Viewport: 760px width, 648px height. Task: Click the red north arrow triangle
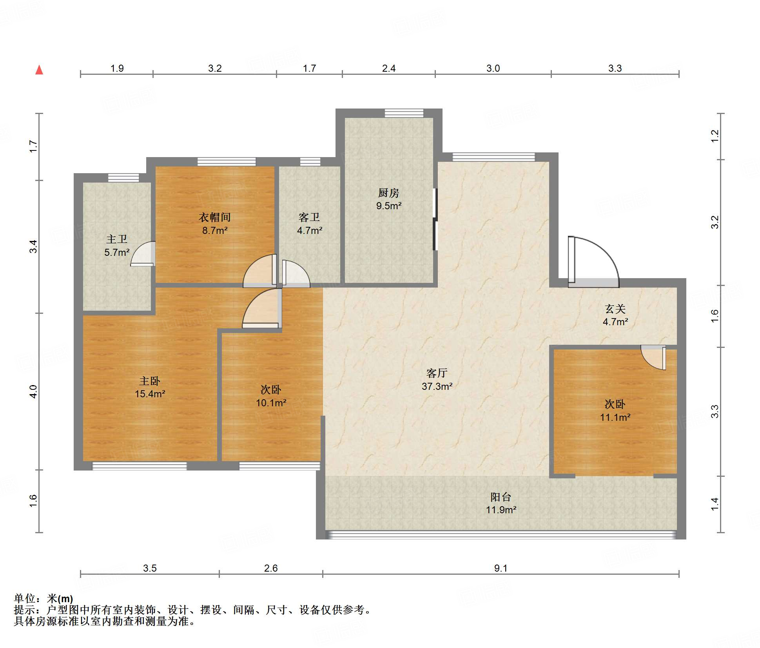point(39,70)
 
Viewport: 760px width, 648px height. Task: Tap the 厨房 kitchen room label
point(388,193)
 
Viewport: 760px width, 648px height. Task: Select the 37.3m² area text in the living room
point(437,386)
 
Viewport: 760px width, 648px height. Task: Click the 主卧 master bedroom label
point(150,381)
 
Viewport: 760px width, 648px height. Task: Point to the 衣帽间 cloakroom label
point(214,217)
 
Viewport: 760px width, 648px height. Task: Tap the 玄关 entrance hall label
point(615,309)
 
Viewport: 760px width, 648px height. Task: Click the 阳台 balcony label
point(501,497)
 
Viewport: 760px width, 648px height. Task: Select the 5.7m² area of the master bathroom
point(117,252)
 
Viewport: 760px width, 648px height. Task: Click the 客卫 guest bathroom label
point(309,217)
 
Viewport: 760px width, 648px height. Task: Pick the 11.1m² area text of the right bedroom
point(615,417)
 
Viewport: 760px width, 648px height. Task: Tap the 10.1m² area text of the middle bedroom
point(271,402)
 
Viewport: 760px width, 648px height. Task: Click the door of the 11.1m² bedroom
point(653,357)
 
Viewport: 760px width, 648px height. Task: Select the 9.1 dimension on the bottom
point(501,568)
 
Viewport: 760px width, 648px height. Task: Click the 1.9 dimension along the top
point(117,68)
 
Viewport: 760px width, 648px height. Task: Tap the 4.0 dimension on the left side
point(33,391)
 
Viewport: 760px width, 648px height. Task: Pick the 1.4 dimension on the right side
point(715,504)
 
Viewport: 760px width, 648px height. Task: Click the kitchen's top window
point(404,113)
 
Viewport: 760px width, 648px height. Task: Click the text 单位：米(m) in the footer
point(44,598)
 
